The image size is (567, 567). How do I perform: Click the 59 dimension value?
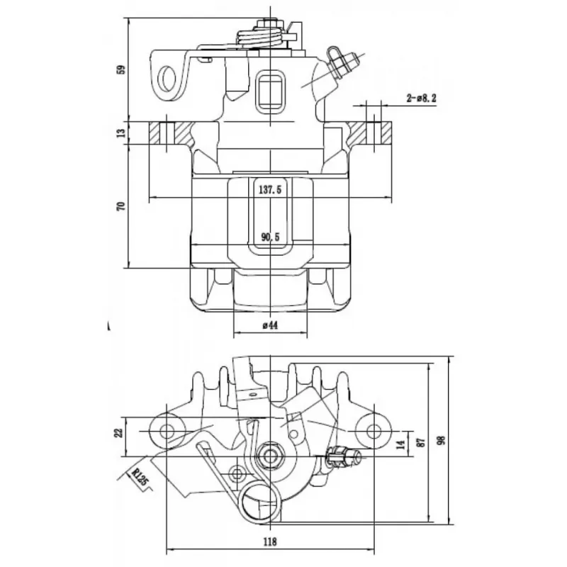coord(122,69)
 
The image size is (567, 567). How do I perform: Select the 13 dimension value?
coord(122,133)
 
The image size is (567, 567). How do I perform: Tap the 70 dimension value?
coord(121,206)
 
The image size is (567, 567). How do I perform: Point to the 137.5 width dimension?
coord(270,189)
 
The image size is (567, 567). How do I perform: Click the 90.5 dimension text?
coord(271,237)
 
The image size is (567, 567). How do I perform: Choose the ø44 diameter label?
coord(271,325)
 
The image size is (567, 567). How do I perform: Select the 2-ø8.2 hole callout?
coord(421,98)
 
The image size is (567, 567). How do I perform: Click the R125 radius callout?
coord(140,476)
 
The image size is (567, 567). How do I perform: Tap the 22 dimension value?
coord(119,432)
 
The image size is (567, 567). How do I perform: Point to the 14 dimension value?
coord(401,444)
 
